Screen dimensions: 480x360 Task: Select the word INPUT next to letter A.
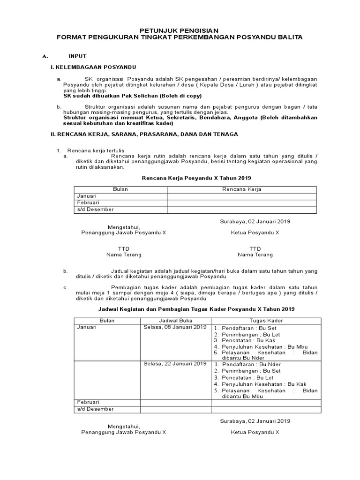tap(77, 56)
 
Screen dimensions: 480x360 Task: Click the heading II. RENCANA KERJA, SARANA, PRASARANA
tap(144, 134)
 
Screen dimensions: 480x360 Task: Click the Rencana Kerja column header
tap(241, 189)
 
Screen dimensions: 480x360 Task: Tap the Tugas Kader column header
tap(266, 320)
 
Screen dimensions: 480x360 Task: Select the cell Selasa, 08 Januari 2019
tap(175, 327)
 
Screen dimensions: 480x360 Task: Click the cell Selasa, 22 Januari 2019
tap(175, 364)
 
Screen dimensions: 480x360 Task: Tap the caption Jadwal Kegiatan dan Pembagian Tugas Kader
tap(196, 309)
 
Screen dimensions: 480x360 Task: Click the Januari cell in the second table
tap(87, 327)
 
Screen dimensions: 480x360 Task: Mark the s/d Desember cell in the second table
tap(95, 409)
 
